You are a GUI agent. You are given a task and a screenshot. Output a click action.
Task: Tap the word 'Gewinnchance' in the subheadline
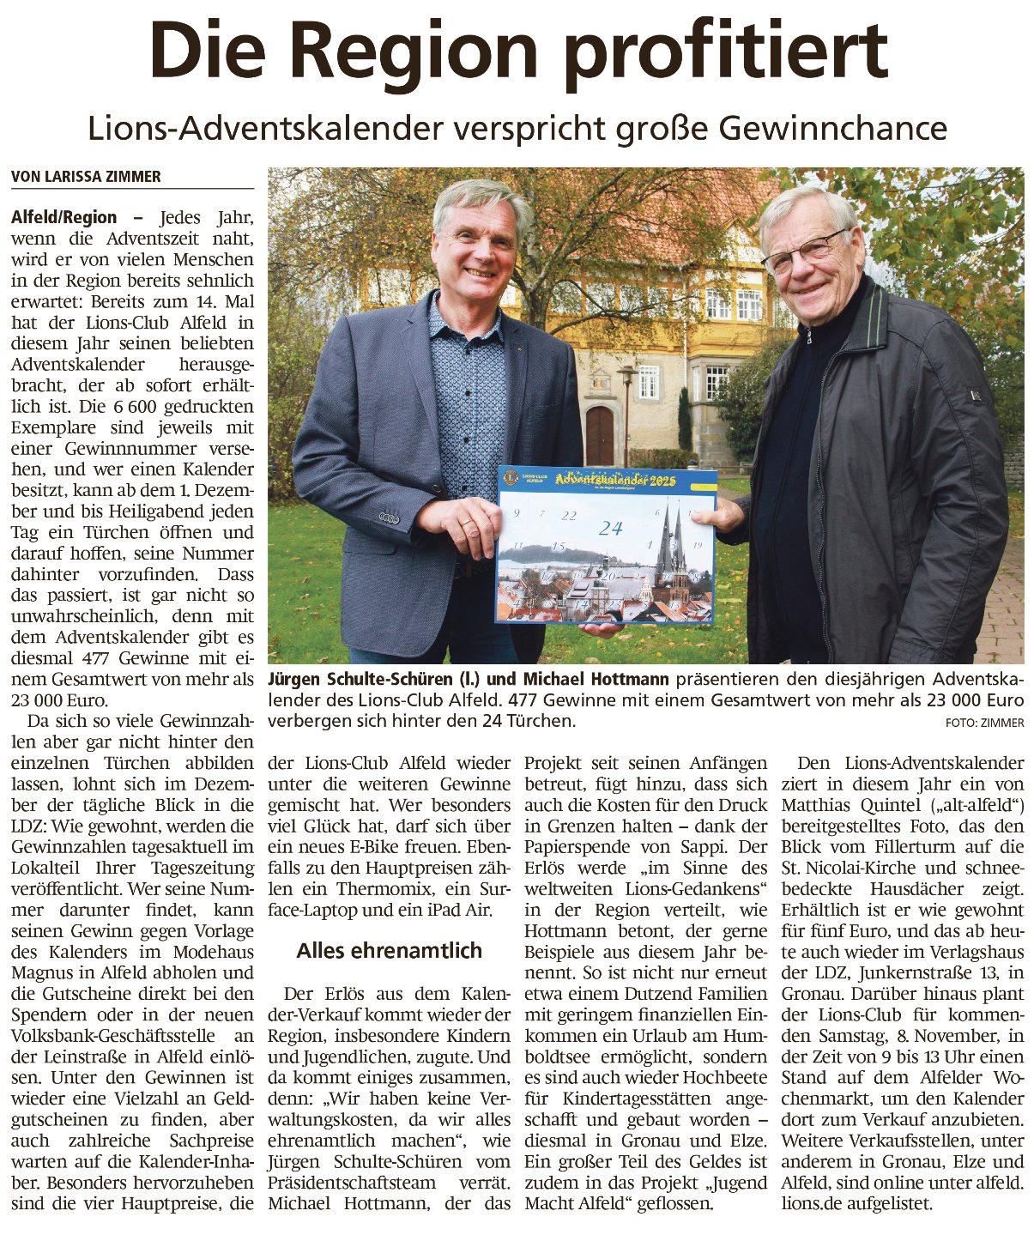(x=832, y=129)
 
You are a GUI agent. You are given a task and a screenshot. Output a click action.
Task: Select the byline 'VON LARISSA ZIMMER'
(x=86, y=177)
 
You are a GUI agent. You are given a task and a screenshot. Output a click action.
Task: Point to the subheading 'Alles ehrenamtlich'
(x=389, y=950)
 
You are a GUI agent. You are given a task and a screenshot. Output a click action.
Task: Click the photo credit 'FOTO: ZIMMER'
(x=984, y=723)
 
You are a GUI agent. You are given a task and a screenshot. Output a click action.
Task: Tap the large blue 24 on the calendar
(x=611, y=529)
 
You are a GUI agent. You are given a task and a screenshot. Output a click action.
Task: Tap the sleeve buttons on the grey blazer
(x=389, y=518)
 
